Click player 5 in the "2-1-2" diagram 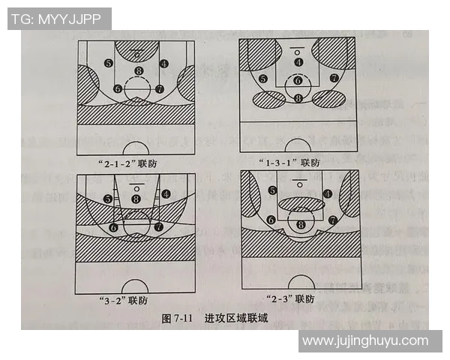pyautogui.click(x=109, y=64)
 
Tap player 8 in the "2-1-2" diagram pyautogui.click(x=137, y=71)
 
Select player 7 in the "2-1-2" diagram pyautogui.click(x=159, y=88)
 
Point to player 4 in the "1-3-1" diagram pyautogui.click(x=298, y=62)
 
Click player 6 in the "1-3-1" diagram pyautogui.click(x=298, y=79)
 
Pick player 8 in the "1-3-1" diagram pyautogui.click(x=298, y=97)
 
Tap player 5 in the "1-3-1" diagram pyautogui.click(x=262, y=79)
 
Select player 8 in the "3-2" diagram pyautogui.click(x=136, y=199)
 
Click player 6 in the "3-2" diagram pyautogui.click(x=114, y=226)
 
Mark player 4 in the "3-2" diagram pyautogui.click(x=164, y=194)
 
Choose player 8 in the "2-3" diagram pyautogui.click(x=301, y=224)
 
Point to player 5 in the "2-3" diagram pyautogui.click(x=271, y=190)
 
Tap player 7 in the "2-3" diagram pyautogui.click(x=332, y=220)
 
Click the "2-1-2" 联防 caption pyautogui.click(x=136, y=162)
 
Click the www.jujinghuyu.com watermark pyautogui.click(x=365, y=341)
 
